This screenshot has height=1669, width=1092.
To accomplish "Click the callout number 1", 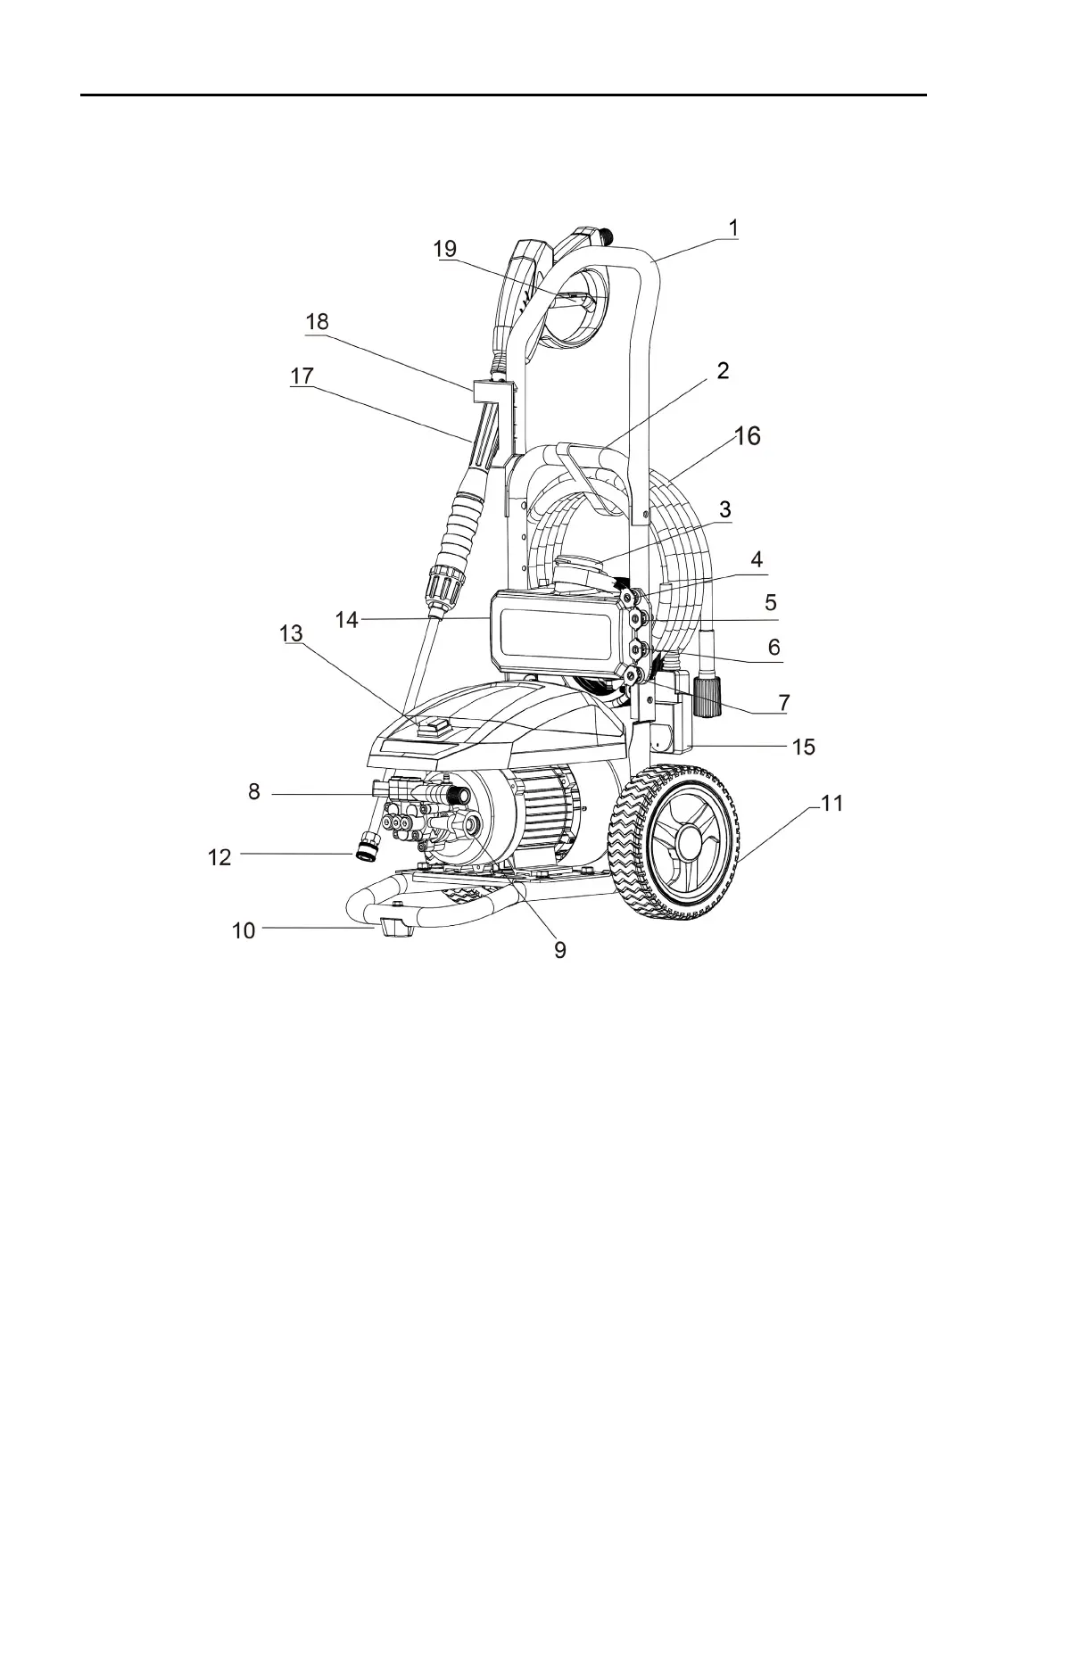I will point(732,227).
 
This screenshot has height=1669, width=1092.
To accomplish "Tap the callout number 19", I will point(445,249).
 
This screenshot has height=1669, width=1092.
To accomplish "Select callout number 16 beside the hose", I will point(748,436).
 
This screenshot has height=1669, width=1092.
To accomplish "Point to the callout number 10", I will point(244,930).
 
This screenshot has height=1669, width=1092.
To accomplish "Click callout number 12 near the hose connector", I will point(219,857).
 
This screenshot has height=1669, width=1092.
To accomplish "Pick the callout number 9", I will point(559,951).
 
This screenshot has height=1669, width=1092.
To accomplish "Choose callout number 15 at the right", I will point(804,746).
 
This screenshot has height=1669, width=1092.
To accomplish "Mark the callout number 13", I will point(291,633).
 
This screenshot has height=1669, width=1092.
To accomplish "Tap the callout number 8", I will point(254,791).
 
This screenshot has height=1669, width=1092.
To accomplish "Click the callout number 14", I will point(347,619).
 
